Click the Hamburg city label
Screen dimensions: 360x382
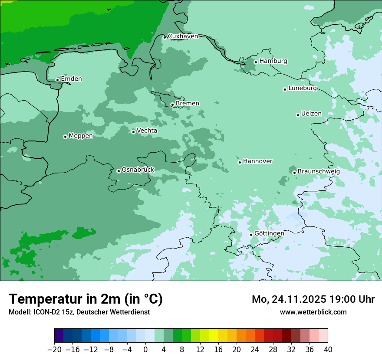tap(273, 61)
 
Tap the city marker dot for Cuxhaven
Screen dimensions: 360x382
tap(165, 37)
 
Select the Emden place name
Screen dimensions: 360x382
tap(71, 79)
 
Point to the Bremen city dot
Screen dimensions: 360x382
tap(172, 105)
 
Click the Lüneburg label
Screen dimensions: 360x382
tap(303, 88)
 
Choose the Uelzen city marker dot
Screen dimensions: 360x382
tap(298, 115)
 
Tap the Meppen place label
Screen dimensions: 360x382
tap(81, 136)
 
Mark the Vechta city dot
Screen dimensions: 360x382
tap(133, 132)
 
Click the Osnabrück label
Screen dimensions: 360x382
tap(138, 170)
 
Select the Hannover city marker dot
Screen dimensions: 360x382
tap(240, 162)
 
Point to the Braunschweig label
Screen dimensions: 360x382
tap(319, 172)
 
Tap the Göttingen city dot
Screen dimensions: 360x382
tap(251, 235)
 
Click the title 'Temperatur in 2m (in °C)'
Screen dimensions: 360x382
tap(86, 299)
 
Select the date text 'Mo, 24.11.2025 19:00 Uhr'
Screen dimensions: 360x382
tap(313, 299)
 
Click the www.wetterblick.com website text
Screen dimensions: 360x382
tap(313, 312)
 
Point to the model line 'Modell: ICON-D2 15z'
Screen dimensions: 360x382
tap(79, 312)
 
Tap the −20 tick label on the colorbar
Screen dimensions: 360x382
tap(54, 350)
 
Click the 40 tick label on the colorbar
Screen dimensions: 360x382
tap(328, 350)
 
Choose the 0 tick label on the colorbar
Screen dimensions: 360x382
tap(145, 350)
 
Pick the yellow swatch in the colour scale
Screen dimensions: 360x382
tap(214, 336)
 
